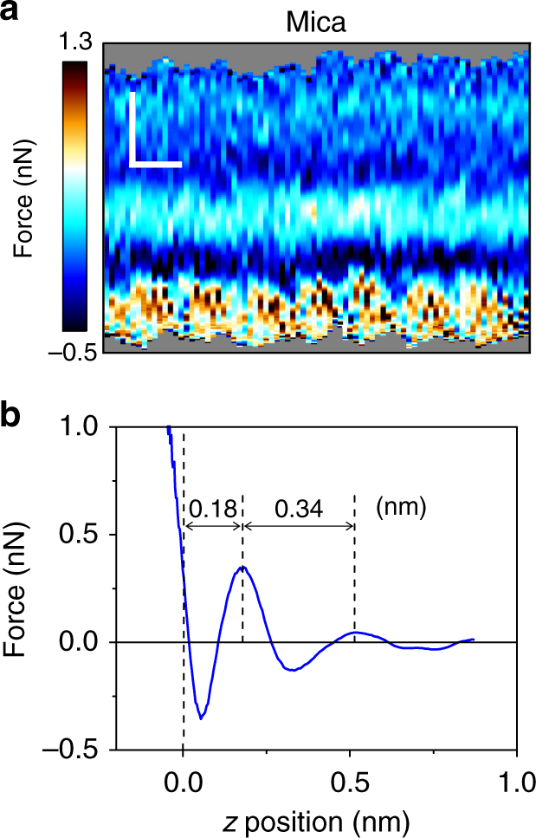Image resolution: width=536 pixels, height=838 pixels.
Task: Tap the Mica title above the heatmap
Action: [316, 22]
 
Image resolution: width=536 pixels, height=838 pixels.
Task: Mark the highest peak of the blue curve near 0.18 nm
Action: [242, 567]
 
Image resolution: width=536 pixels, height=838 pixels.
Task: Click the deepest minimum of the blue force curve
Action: [202, 718]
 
